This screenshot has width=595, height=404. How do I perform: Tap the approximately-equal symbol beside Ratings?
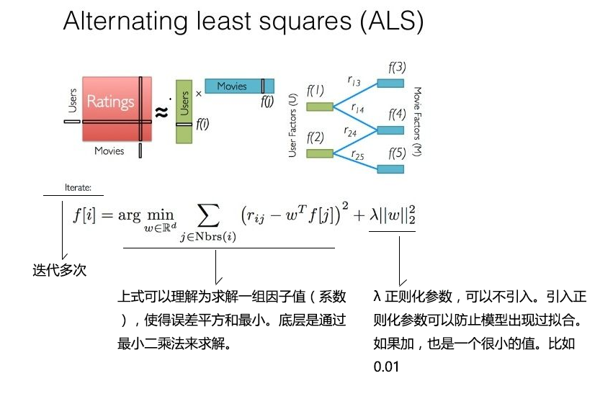(x=162, y=112)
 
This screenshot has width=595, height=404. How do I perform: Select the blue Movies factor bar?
(x=238, y=86)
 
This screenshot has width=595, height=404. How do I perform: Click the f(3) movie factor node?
(x=391, y=83)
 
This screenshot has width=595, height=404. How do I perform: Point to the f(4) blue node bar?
(x=391, y=130)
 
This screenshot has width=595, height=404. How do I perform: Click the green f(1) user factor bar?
(x=319, y=107)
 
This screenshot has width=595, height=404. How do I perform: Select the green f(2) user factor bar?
(x=319, y=153)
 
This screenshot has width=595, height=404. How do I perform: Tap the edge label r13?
(x=354, y=82)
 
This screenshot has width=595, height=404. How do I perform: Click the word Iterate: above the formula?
(x=78, y=187)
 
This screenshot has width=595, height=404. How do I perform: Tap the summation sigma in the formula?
(x=208, y=215)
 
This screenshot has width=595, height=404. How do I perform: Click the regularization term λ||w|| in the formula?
(x=393, y=215)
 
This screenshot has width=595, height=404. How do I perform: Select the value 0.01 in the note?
(x=386, y=367)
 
